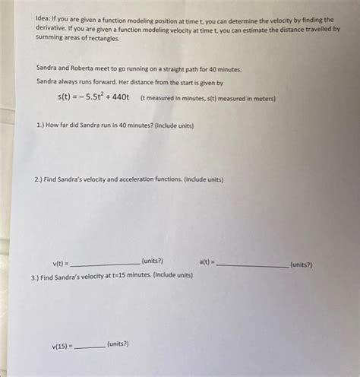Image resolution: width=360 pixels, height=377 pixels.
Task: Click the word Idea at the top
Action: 44,20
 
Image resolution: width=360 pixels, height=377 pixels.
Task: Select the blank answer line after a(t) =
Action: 251,265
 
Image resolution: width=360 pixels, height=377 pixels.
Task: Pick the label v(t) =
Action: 61,263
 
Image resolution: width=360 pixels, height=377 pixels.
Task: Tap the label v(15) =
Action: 62,346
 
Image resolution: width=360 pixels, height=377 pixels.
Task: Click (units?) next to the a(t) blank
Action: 302,265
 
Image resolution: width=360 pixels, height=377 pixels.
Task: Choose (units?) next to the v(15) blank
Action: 118,344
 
